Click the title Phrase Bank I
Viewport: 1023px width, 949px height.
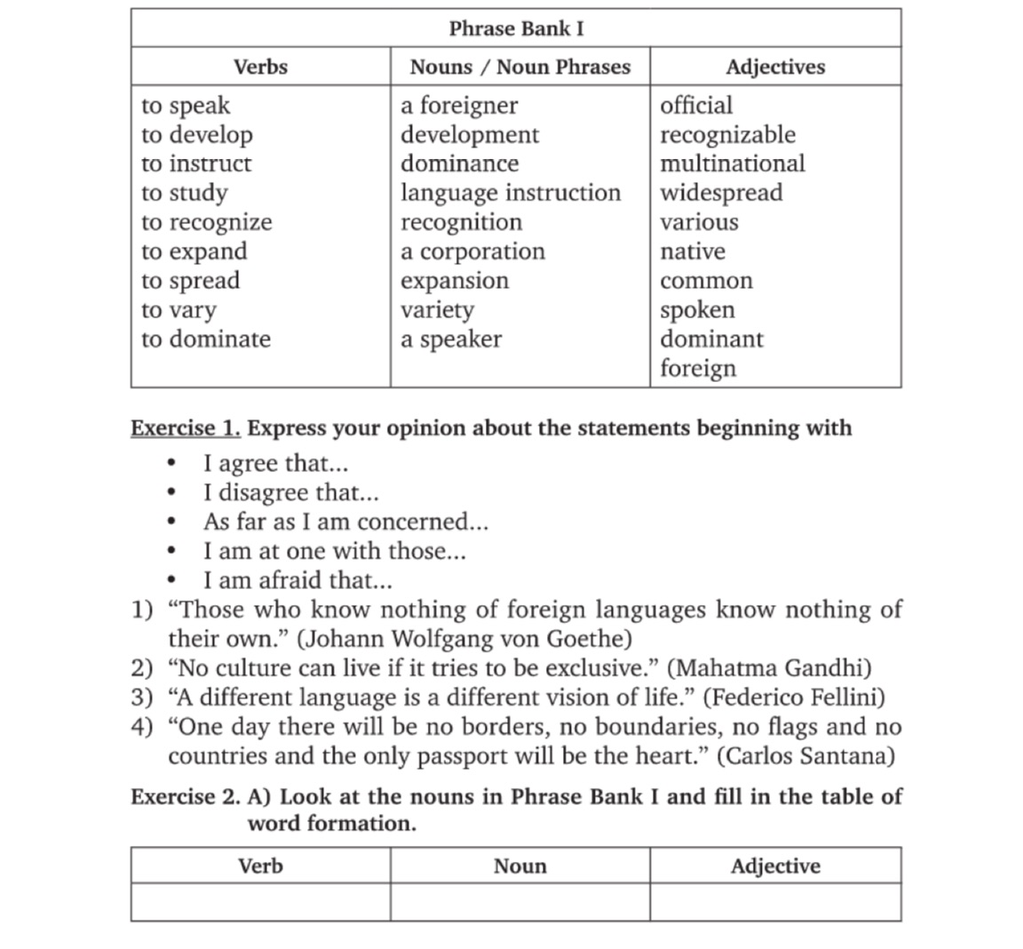point(516,28)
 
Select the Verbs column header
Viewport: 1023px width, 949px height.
point(260,67)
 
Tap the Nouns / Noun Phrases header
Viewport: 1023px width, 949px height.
point(519,67)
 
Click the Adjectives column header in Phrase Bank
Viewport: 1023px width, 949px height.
point(774,67)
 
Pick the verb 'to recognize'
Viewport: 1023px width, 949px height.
point(206,222)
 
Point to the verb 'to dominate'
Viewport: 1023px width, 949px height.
point(205,339)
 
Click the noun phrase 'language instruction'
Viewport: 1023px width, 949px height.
point(511,193)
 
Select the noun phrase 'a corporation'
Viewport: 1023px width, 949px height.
point(472,251)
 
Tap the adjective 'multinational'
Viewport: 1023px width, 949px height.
point(732,163)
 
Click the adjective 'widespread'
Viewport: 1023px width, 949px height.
point(721,193)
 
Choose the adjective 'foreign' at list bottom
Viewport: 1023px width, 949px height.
point(698,368)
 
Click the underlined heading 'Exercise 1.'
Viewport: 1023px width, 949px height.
point(186,428)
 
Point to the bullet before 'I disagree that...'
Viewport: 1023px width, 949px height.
point(171,493)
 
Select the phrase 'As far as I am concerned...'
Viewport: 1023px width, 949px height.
point(345,522)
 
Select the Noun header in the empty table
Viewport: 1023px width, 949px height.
point(519,865)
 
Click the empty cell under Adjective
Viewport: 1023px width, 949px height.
point(774,902)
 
